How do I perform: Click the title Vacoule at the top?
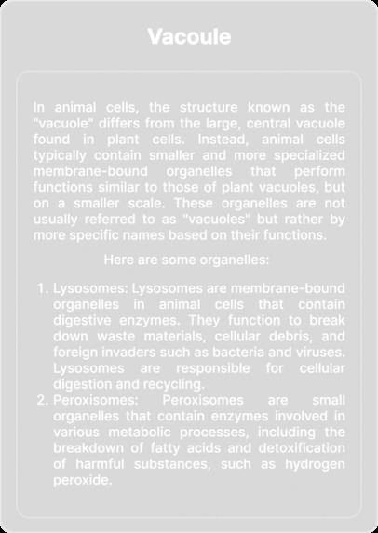[189, 36]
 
